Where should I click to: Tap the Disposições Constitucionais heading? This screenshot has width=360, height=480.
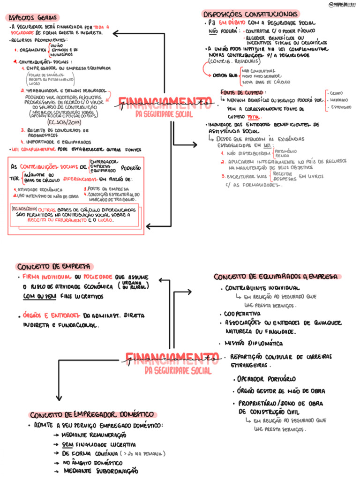click(x=250, y=14)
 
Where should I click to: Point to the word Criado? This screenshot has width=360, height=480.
click(x=337, y=93)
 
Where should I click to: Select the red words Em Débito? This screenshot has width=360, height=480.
click(x=229, y=22)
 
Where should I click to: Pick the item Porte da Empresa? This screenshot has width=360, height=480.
click(x=104, y=189)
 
